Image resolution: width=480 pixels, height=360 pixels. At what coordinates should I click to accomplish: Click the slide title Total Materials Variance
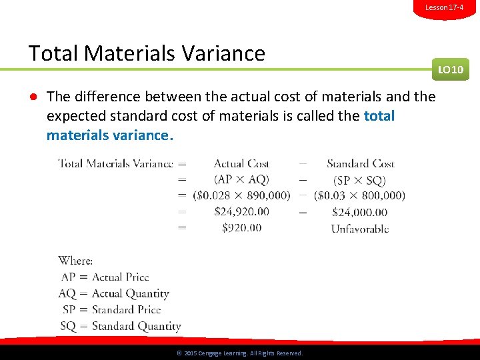(147, 53)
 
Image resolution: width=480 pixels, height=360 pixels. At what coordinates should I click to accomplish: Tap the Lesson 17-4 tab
(445, 7)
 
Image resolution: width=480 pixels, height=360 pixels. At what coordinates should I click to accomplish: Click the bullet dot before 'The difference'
(32, 97)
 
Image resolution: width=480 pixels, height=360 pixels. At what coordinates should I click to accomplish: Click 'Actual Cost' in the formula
(241, 163)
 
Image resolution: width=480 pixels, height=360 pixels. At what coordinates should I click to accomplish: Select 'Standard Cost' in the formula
(361, 163)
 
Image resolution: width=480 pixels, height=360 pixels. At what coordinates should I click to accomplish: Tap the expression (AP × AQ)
(241, 179)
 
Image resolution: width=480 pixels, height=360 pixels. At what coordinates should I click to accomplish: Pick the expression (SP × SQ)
(359, 180)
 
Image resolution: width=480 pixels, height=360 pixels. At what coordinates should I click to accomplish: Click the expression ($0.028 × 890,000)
(241, 195)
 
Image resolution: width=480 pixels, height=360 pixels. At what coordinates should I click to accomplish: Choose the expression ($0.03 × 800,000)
(359, 195)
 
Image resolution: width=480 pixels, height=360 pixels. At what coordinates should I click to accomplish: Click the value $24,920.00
(241, 211)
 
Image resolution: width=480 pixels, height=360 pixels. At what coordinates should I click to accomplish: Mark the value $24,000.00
(359, 212)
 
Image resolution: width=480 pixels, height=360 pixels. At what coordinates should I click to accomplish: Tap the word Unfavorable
(360, 229)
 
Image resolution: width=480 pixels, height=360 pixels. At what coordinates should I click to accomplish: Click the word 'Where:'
(75, 261)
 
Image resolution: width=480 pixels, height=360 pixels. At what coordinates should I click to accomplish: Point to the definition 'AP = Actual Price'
(105, 277)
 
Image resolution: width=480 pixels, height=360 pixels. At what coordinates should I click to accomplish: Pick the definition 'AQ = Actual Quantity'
(114, 293)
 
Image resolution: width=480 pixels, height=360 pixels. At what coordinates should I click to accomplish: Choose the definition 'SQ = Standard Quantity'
(120, 326)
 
